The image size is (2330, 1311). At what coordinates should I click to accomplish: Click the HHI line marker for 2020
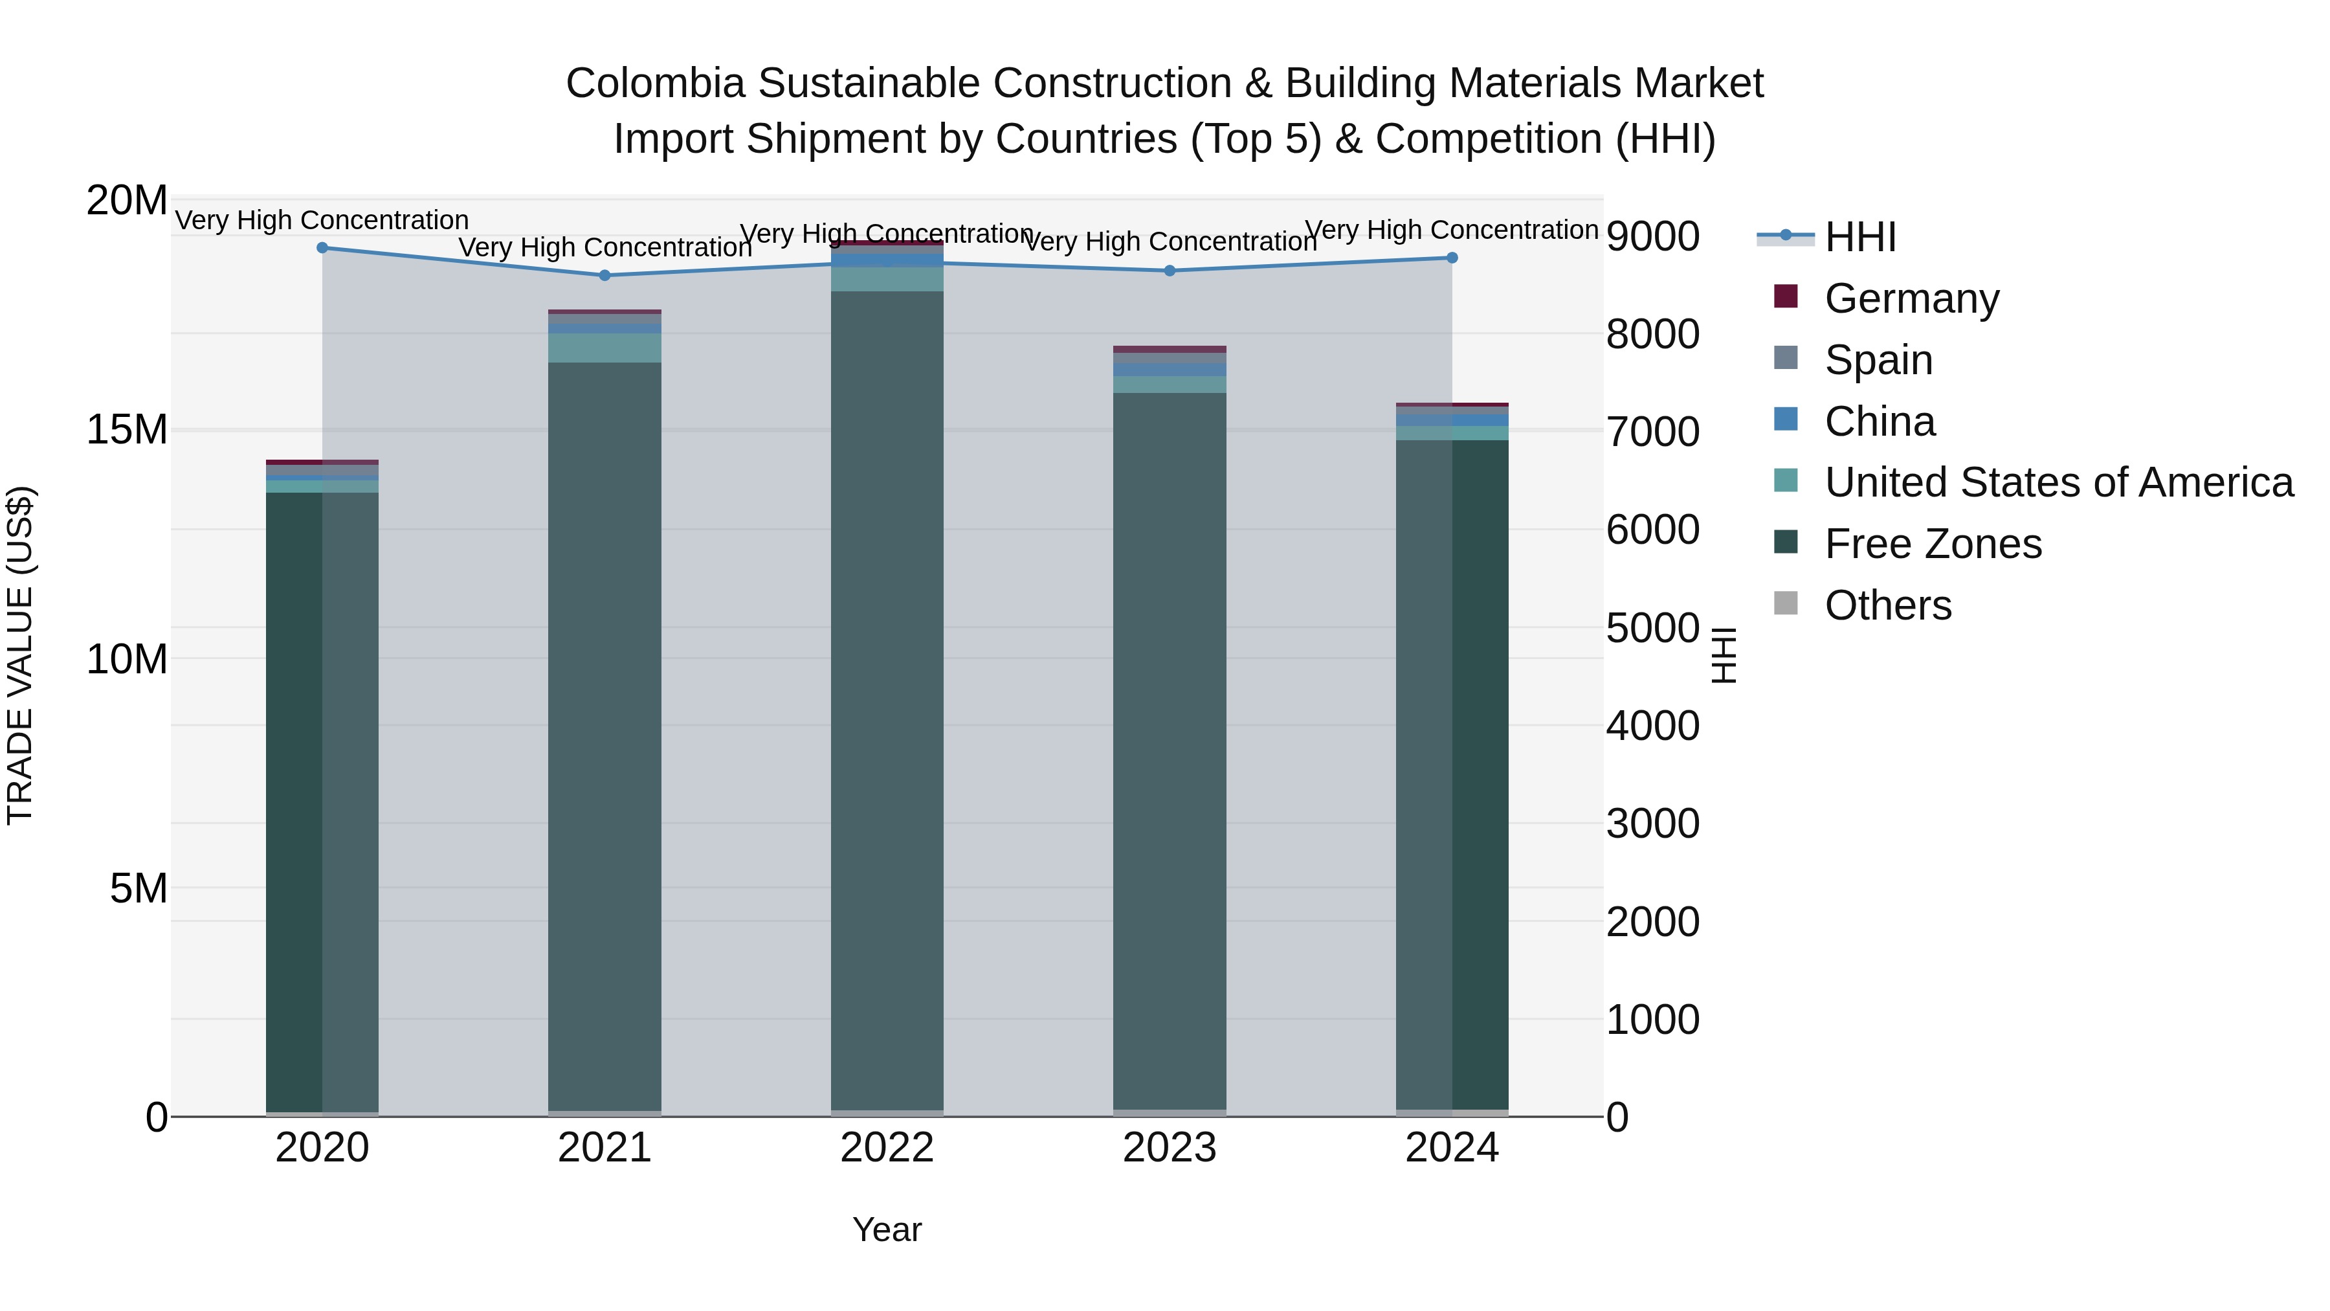(x=323, y=248)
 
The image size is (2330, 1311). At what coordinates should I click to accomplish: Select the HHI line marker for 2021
(x=605, y=276)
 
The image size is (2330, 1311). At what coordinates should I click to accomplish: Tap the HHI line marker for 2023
(x=1170, y=271)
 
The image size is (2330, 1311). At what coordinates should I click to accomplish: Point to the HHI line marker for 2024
(x=1452, y=258)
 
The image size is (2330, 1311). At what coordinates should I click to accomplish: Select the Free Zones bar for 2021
(x=605, y=737)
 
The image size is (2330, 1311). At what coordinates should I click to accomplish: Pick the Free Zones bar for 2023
(x=1170, y=751)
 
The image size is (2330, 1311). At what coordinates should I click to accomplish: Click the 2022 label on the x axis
(x=887, y=1148)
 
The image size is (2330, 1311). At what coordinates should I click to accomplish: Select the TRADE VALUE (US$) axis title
(x=21, y=656)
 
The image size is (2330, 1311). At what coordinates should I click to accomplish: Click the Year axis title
(x=887, y=1231)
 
